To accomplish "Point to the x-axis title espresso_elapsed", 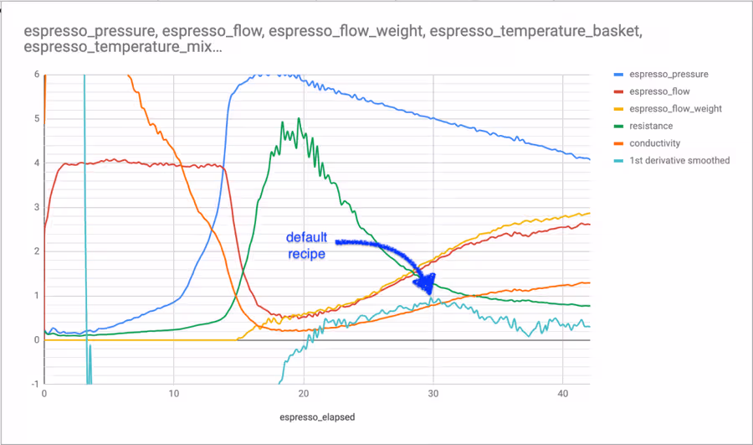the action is point(317,417).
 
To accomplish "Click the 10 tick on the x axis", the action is point(174,394).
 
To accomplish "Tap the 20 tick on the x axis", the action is point(304,394).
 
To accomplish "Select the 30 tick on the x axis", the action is point(433,394).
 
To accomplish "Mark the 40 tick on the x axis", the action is point(563,394).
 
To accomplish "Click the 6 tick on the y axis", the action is point(37,74).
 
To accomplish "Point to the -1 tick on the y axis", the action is point(35,384).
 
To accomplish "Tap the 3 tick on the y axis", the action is point(37,207).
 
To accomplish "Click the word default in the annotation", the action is point(306,237).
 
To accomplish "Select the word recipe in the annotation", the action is point(306,254).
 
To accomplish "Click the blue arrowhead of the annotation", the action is point(425,283).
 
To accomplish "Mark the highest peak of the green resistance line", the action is point(299,118).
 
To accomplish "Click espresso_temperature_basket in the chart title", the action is point(535,31).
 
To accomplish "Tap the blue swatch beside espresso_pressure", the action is point(618,75).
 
